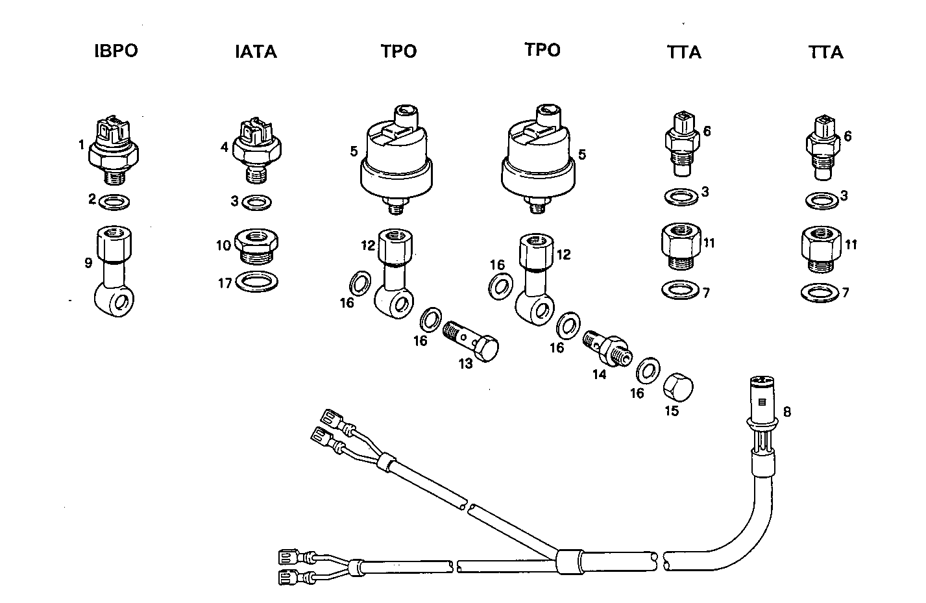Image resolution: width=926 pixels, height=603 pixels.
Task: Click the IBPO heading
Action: pos(116,51)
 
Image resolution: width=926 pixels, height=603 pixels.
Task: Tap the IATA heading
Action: pos(256,52)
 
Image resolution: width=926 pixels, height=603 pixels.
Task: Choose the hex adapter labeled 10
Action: pos(258,246)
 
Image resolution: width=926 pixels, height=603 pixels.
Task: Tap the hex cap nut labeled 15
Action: pos(678,388)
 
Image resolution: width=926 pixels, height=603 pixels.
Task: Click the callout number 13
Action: pos(466,364)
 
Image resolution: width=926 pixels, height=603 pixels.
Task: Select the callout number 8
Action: pos(787,412)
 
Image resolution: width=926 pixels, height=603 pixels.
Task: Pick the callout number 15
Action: pos(672,411)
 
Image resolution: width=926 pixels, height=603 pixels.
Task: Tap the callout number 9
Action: pos(88,263)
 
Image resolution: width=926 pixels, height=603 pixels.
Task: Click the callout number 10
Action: pos(224,245)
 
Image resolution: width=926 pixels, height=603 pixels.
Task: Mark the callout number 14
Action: pos(599,375)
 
